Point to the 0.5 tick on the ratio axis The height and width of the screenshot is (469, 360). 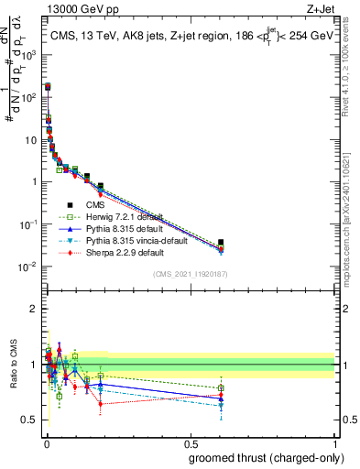29,420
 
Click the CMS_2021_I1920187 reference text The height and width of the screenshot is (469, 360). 190,274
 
